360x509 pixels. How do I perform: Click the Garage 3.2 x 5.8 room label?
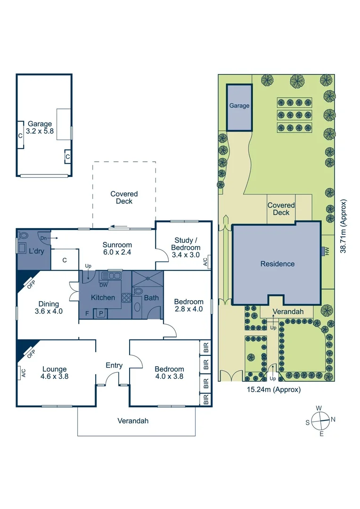click(x=40, y=128)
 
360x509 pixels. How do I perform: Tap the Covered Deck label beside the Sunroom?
click(x=124, y=197)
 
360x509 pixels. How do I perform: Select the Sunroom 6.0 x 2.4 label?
click(x=117, y=248)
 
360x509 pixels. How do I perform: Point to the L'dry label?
click(x=36, y=251)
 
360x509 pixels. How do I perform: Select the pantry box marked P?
click(x=100, y=313)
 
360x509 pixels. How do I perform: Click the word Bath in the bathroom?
click(x=151, y=297)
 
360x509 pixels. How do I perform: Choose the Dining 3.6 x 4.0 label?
click(x=49, y=307)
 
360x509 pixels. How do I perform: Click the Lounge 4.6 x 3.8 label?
click(x=54, y=373)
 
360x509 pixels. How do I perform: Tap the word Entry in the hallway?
click(x=114, y=365)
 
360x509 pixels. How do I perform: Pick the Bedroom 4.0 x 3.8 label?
click(x=170, y=373)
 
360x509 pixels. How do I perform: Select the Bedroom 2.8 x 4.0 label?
click(x=188, y=305)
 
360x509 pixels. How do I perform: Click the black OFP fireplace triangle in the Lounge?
click(x=22, y=349)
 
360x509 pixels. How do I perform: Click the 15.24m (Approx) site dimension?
click(x=274, y=389)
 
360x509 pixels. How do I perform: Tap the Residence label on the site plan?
click(x=278, y=264)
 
